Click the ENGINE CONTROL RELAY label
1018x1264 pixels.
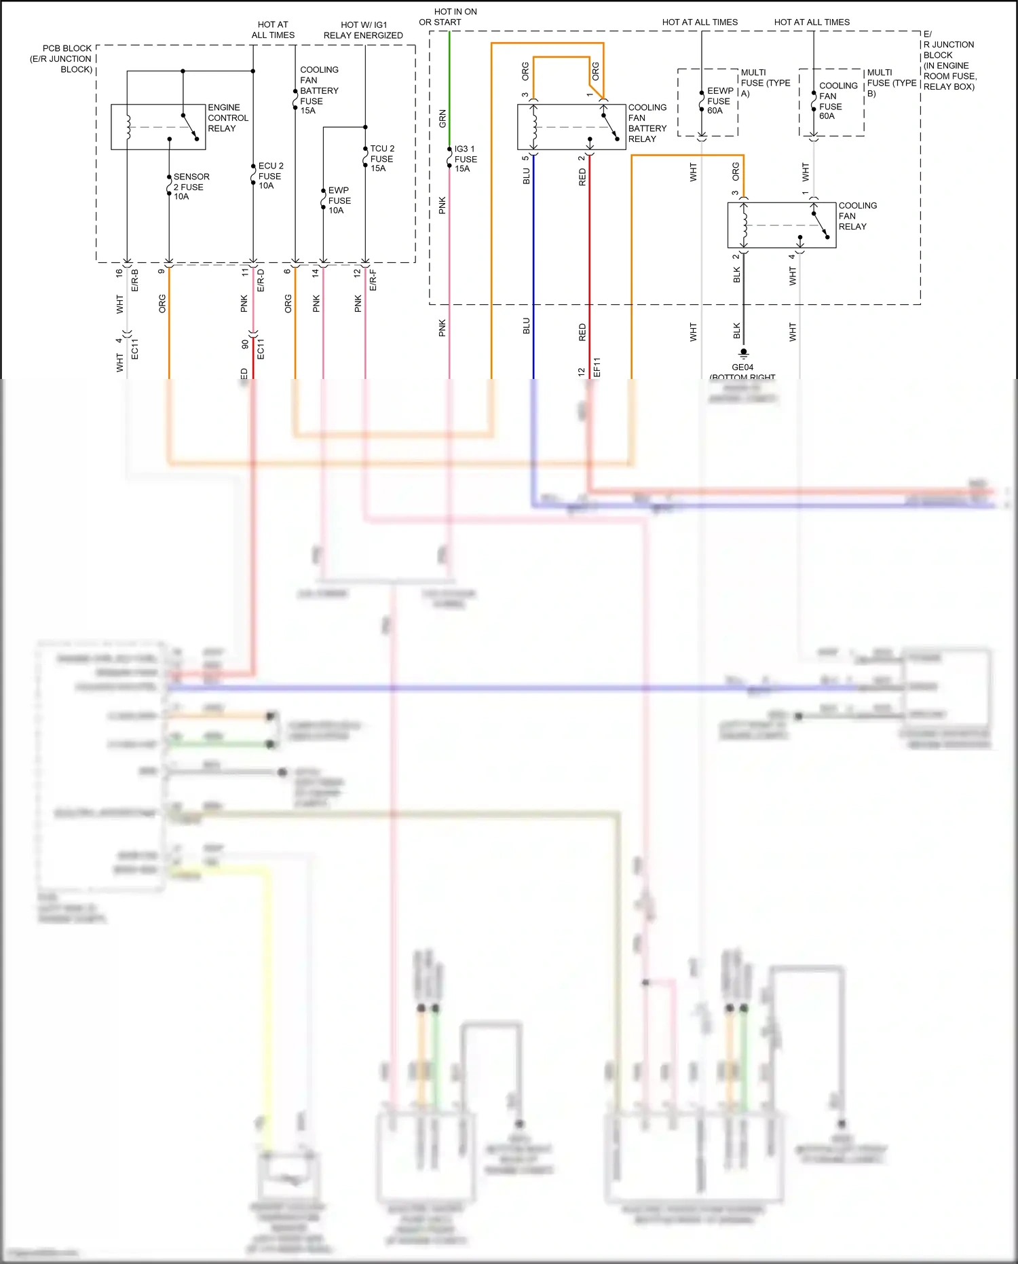227,118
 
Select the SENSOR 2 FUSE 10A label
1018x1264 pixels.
191,186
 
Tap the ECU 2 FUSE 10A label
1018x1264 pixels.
270,175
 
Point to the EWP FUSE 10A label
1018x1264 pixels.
339,200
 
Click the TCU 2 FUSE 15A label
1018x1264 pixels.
381,158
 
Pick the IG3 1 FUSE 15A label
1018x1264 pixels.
465,158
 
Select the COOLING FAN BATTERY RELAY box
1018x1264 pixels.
571,126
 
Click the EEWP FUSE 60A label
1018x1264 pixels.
719,101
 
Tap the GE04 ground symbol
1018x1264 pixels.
743,353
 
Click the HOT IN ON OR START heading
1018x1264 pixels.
448,17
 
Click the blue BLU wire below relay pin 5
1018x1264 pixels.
533,272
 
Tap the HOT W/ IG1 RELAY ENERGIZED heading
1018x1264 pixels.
363,30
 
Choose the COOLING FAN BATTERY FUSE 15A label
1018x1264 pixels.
319,90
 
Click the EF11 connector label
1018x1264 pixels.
597,367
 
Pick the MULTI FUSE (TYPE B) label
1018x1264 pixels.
891,82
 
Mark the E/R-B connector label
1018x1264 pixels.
134,280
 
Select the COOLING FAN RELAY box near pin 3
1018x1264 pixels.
781,225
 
